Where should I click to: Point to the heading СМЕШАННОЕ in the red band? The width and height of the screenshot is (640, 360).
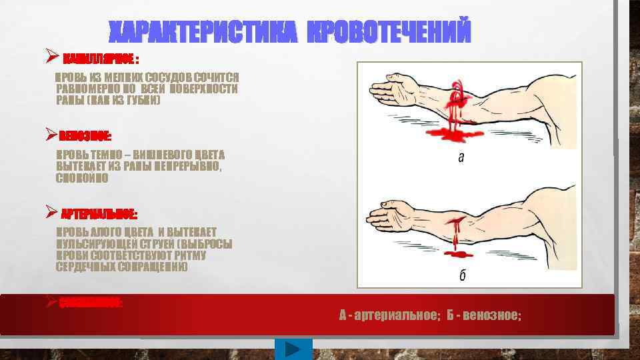click(x=91, y=303)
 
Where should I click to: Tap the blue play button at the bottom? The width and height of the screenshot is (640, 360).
click(x=293, y=349)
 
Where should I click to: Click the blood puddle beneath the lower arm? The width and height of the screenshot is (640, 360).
click(x=458, y=255)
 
